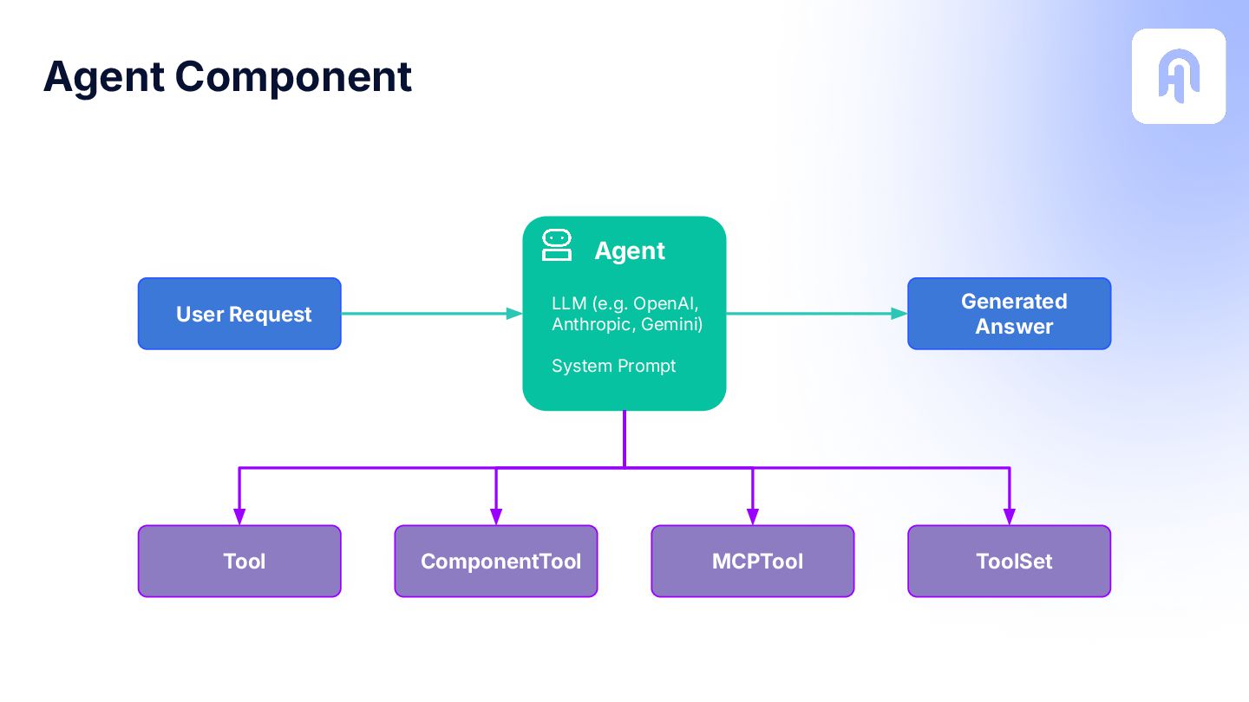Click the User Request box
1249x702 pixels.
(239, 314)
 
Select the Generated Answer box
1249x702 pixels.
(1010, 314)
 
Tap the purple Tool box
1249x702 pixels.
(239, 561)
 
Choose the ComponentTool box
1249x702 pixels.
(496, 561)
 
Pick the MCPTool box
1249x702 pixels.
(753, 561)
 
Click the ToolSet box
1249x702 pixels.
(1010, 561)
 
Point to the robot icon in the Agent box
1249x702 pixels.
(557, 245)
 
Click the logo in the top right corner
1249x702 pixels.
(1179, 76)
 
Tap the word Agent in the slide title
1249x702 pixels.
(104, 78)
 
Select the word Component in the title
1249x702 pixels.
(293, 78)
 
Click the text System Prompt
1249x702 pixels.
(613, 366)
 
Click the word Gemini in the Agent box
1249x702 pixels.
(672, 324)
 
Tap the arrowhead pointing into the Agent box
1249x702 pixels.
(514, 314)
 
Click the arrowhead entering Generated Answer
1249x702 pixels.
(899, 314)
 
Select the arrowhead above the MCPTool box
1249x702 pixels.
(753, 517)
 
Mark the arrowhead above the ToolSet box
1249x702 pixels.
(1010, 517)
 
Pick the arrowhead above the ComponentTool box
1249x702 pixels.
(496, 517)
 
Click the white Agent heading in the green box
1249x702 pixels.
(630, 251)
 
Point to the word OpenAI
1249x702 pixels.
(666, 303)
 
